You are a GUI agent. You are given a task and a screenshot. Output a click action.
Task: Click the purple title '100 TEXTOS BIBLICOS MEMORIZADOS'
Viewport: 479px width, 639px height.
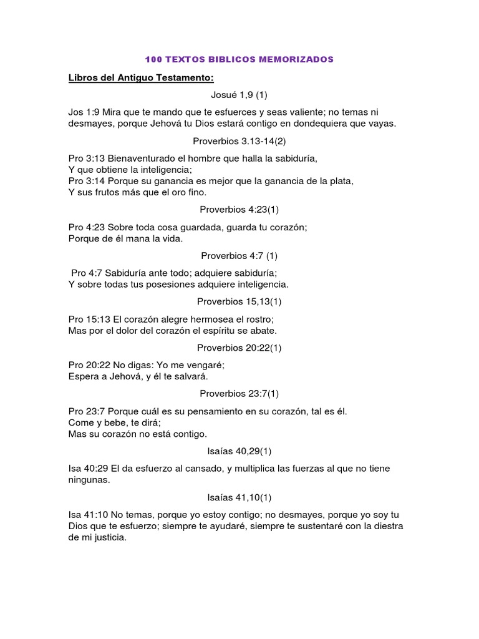pyautogui.click(x=239, y=59)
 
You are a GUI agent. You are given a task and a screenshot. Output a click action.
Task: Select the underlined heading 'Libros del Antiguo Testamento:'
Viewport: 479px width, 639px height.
pyautogui.click(x=141, y=78)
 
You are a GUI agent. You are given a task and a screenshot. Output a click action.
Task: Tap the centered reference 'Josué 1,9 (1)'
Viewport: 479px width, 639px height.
pyautogui.click(x=239, y=95)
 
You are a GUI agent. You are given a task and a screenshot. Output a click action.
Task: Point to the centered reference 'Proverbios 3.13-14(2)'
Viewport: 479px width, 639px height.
pyautogui.click(x=239, y=141)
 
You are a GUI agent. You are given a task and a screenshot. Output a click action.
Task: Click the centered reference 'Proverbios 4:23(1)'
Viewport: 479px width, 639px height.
pyautogui.click(x=239, y=210)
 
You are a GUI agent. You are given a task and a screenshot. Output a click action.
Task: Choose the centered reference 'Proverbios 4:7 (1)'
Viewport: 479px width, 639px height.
pyautogui.click(x=239, y=256)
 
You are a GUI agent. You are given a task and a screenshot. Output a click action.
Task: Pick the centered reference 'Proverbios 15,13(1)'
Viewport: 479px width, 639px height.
pyautogui.click(x=239, y=302)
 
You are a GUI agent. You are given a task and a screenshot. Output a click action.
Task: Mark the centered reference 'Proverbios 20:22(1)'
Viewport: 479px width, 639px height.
pyautogui.click(x=239, y=348)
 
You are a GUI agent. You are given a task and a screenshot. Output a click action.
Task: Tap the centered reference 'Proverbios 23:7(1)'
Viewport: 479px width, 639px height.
pyautogui.click(x=239, y=393)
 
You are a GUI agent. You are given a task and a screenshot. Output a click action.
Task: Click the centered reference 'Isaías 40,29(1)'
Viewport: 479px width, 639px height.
pyautogui.click(x=239, y=451)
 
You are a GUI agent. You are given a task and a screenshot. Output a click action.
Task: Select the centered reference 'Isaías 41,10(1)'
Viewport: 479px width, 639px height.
pyautogui.click(x=239, y=497)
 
